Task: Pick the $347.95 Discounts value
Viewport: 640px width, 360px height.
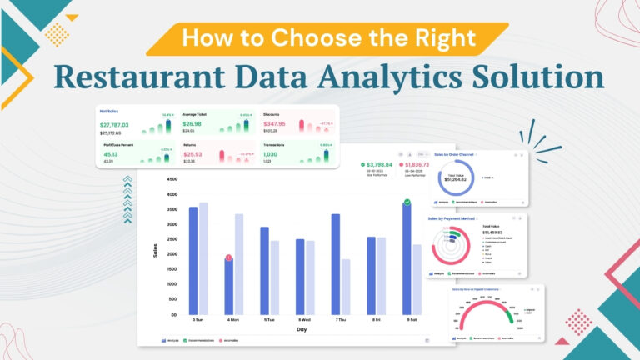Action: point(274,123)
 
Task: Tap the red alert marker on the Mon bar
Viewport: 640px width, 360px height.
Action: point(228,258)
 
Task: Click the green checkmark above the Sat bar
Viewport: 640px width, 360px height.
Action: point(407,202)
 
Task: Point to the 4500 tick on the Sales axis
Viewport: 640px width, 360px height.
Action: point(172,179)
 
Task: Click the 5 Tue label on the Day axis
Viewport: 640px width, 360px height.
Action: point(268,320)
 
